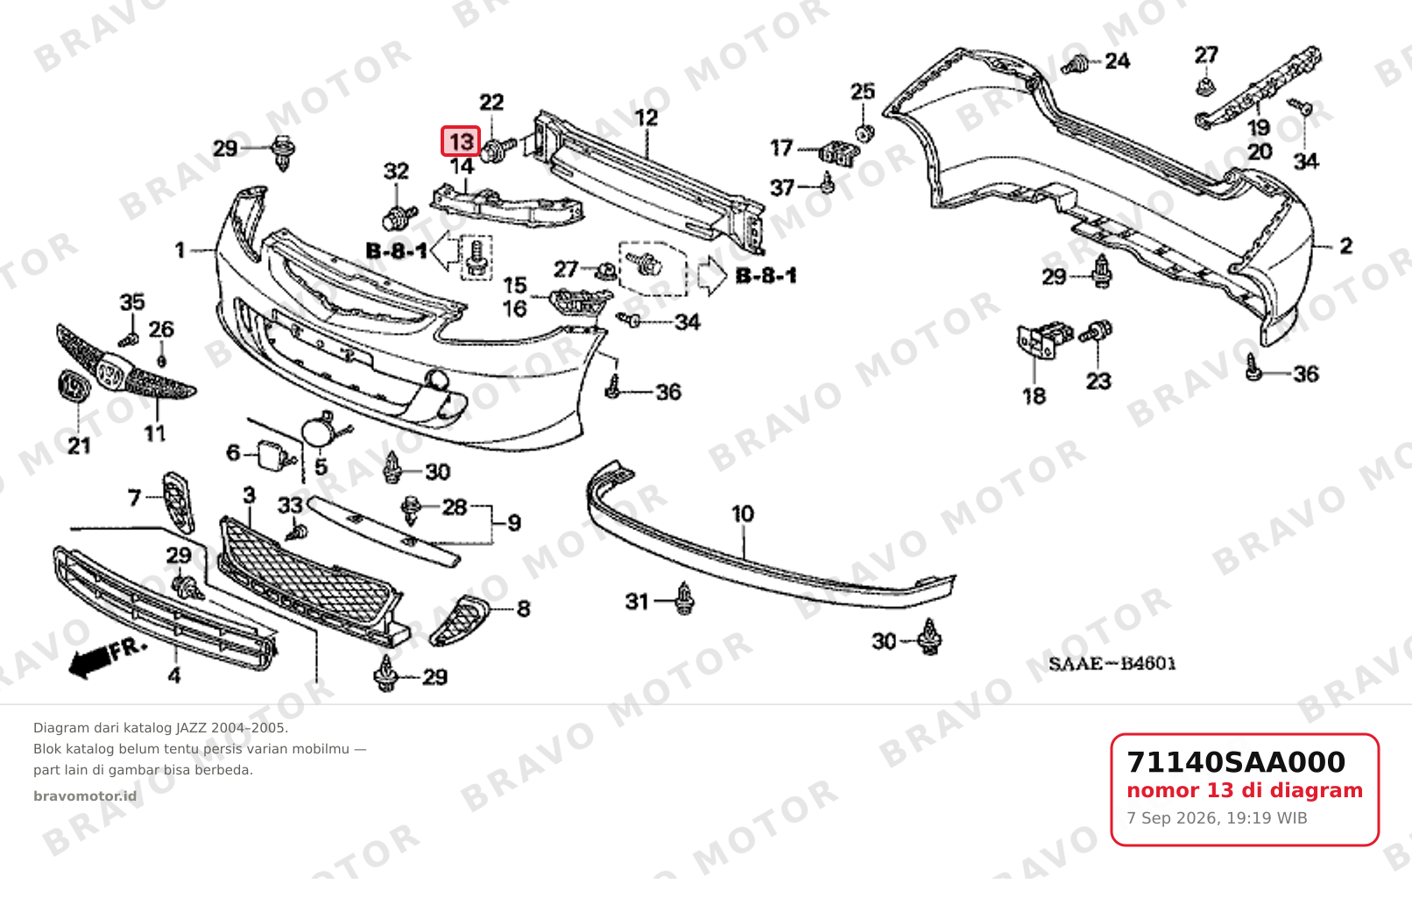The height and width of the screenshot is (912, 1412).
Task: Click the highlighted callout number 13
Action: (x=461, y=141)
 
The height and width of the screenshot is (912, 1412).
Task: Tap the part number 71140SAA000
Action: (x=1235, y=762)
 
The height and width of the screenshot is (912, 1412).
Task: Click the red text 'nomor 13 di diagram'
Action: (x=1245, y=790)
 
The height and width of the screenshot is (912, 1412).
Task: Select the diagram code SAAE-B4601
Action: (x=1112, y=664)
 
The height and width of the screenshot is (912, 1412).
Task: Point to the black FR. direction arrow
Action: (x=107, y=659)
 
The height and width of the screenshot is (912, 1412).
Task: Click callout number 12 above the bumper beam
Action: (x=646, y=117)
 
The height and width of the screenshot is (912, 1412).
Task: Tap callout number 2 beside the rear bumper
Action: (x=1345, y=246)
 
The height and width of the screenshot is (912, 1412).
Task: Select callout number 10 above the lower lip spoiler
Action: (x=743, y=513)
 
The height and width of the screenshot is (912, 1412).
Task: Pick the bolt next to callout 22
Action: (x=498, y=150)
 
